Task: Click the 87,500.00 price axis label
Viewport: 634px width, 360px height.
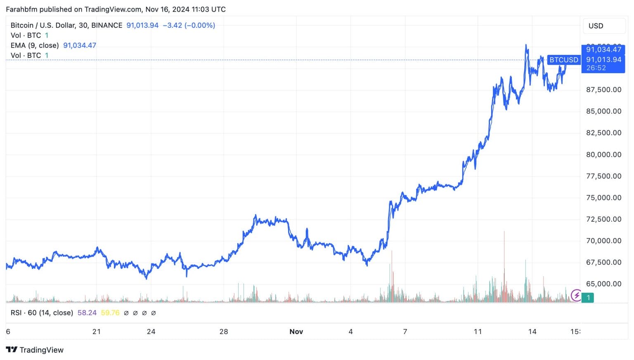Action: tap(603, 90)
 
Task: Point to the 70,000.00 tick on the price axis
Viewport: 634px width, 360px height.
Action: tap(603, 241)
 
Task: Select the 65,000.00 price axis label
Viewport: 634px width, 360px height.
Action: tap(603, 284)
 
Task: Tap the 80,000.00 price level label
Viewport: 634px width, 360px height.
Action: tap(603, 154)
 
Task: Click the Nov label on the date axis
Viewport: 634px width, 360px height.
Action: tap(296, 332)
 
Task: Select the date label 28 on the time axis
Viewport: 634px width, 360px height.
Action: tap(223, 332)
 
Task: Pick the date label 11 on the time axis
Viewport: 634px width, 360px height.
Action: tap(478, 332)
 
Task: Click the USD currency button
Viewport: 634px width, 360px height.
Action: tap(596, 26)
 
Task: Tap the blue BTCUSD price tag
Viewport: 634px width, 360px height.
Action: tap(563, 60)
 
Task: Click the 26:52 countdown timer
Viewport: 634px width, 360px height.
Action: tap(596, 68)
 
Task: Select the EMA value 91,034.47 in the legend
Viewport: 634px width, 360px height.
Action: tap(80, 45)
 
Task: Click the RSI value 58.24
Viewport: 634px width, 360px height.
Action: tap(87, 313)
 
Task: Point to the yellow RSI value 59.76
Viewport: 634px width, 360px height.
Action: tap(110, 313)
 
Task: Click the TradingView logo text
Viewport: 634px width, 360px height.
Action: tap(41, 350)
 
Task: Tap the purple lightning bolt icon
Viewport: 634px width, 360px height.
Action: tap(576, 296)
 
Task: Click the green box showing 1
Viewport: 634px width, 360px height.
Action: tap(588, 297)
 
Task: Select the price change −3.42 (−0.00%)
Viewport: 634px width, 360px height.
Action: tap(189, 25)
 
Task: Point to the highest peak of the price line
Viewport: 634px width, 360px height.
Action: tap(526, 45)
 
